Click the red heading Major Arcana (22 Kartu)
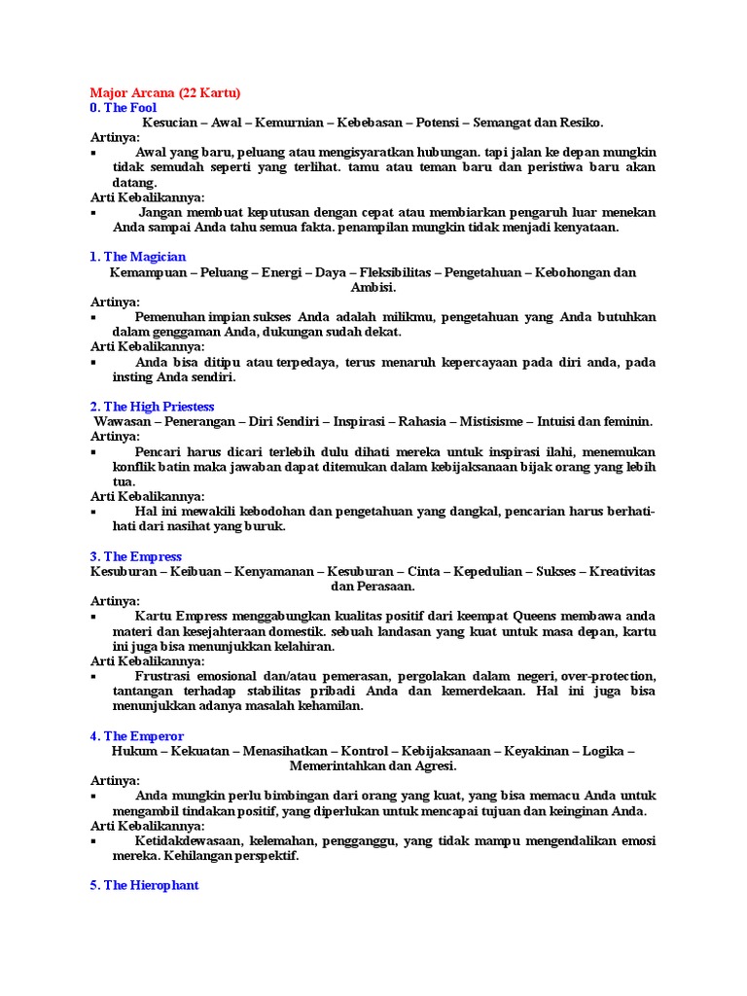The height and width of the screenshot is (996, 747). point(164,92)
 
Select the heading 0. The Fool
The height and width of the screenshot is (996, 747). point(123,108)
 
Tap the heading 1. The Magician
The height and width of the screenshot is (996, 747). point(137,257)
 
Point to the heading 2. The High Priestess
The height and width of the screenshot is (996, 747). point(152,407)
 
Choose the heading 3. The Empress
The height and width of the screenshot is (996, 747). point(135,556)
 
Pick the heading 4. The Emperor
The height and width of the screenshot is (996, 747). point(136,736)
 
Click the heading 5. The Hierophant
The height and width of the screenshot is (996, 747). point(144,886)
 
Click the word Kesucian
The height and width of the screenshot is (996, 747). point(170,123)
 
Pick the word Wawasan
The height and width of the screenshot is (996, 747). point(121,421)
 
